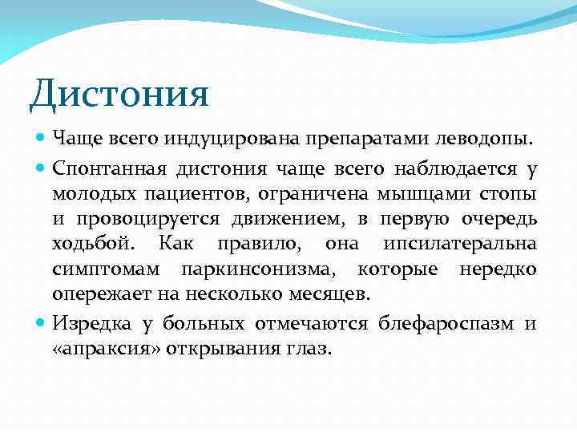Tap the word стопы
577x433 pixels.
(x=508, y=194)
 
